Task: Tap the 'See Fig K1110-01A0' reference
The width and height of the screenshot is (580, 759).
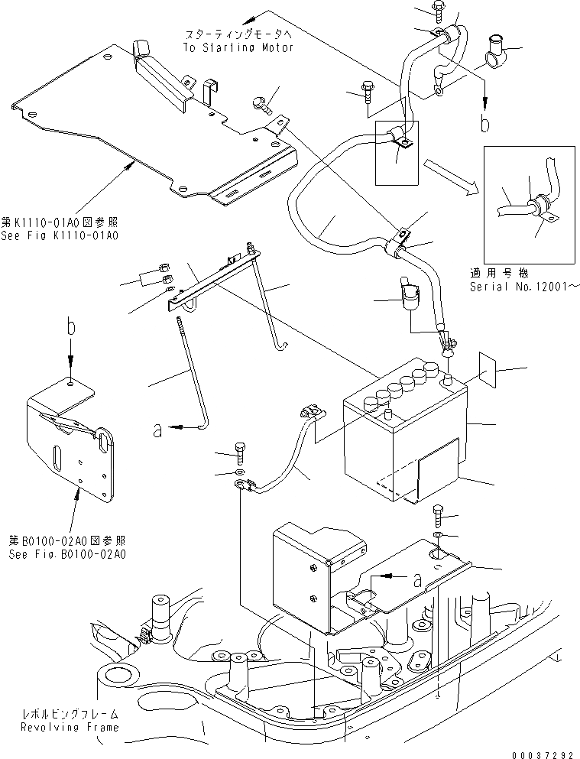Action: [60, 235]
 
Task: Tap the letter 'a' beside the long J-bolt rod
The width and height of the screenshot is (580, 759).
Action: [158, 430]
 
